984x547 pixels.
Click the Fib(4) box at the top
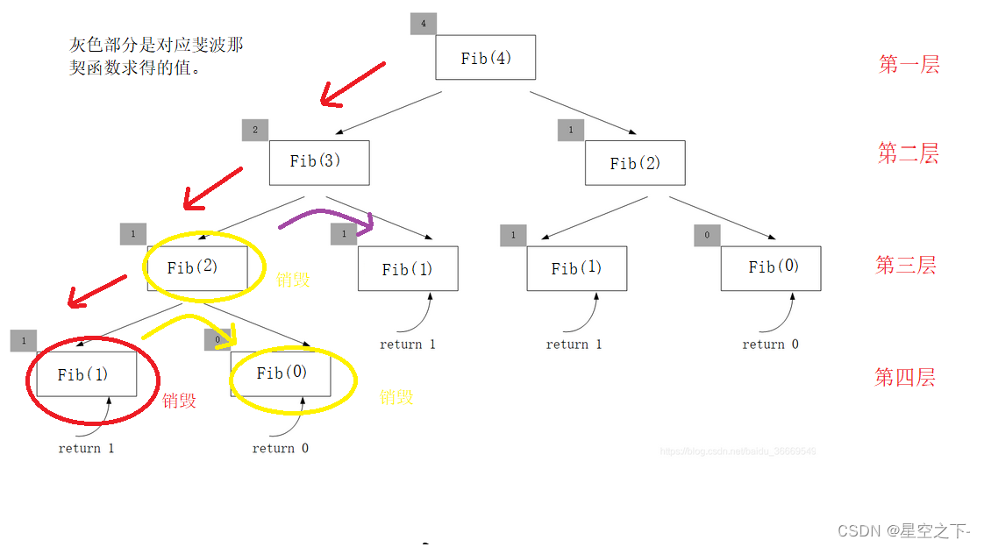click(485, 58)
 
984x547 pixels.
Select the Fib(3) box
click(318, 162)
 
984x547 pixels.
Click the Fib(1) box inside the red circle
click(86, 374)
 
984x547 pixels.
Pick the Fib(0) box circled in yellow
click(281, 373)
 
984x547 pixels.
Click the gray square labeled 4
click(423, 24)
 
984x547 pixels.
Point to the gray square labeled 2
click(254, 130)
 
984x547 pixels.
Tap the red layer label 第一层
click(909, 64)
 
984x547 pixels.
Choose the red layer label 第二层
click(908, 154)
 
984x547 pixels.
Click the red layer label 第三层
click(906, 265)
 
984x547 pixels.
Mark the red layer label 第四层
click(904, 378)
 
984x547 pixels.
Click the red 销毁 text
click(179, 401)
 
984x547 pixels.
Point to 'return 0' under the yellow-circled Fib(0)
click(280, 449)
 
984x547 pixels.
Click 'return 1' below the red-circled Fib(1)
click(86, 449)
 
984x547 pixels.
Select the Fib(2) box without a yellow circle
click(635, 163)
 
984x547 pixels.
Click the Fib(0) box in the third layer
click(771, 267)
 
